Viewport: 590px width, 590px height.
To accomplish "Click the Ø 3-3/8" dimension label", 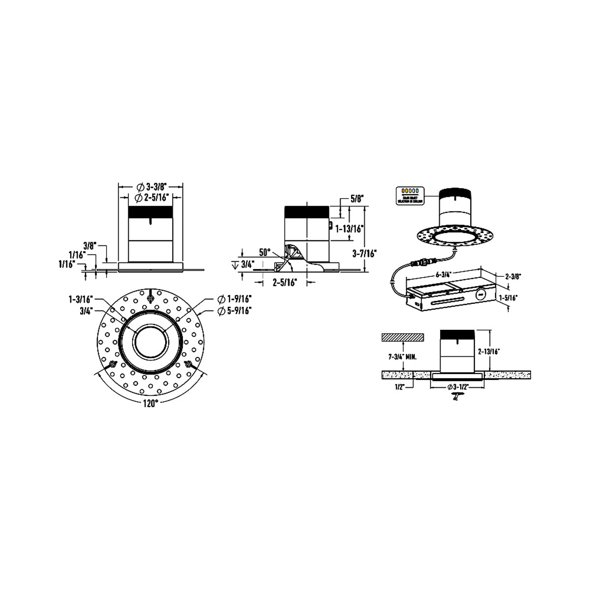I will pyautogui.click(x=151, y=187).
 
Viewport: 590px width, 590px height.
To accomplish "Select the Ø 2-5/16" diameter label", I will pyautogui.click(x=152, y=197).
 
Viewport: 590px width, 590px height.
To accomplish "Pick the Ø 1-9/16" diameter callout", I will pyautogui.click(x=235, y=299).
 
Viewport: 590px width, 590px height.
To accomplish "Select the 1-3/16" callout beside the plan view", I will pyautogui.click(x=81, y=299).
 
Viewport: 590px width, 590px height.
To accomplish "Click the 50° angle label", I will pyautogui.click(x=265, y=253).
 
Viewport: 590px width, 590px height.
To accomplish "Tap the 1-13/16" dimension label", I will pyautogui.click(x=349, y=228).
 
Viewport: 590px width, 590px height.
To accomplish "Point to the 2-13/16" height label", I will pyautogui.click(x=489, y=352).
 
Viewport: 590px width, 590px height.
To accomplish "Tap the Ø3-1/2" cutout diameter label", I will pyautogui.click(x=458, y=386).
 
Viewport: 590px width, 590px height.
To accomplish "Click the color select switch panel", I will pyautogui.click(x=410, y=194).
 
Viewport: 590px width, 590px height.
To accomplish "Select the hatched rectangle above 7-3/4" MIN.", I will pyautogui.click(x=402, y=337).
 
